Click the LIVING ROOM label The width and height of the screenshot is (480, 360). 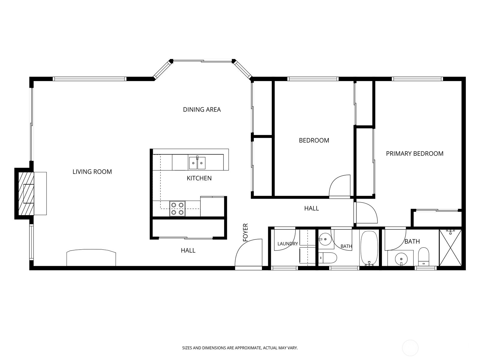92,172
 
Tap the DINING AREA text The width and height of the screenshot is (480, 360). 202,109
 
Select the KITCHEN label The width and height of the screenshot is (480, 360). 199,178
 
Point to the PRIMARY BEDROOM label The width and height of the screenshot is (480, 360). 415,154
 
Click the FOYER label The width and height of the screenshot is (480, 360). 246,232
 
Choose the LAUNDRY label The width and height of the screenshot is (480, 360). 288,244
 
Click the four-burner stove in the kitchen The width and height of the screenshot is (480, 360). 177,208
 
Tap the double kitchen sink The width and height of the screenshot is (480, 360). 197,163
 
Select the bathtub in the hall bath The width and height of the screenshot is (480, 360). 369,248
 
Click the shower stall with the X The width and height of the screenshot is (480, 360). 450,248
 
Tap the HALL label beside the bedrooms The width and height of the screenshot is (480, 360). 311,208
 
